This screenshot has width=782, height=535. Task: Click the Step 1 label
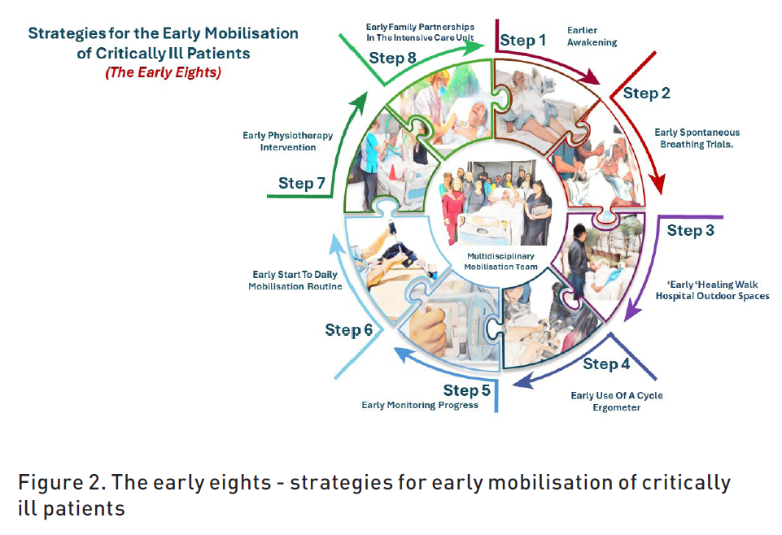(522, 41)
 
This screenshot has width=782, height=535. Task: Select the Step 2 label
(646, 94)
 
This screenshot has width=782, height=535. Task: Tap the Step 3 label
(691, 231)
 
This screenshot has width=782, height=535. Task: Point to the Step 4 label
(606, 364)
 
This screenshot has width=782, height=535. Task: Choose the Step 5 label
(467, 390)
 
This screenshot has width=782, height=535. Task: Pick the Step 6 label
(348, 330)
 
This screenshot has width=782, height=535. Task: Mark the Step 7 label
(302, 183)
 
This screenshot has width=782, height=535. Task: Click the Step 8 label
(392, 59)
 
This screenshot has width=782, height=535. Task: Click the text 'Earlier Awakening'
(592, 37)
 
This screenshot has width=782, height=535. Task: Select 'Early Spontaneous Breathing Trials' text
(697, 138)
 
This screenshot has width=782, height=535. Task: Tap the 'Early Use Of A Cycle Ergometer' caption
(617, 402)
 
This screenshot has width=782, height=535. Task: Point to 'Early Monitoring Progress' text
(420, 406)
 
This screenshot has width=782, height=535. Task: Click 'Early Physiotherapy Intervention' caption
(288, 141)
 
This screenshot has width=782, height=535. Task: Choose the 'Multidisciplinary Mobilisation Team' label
(500, 262)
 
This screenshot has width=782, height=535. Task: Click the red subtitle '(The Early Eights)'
(163, 72)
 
